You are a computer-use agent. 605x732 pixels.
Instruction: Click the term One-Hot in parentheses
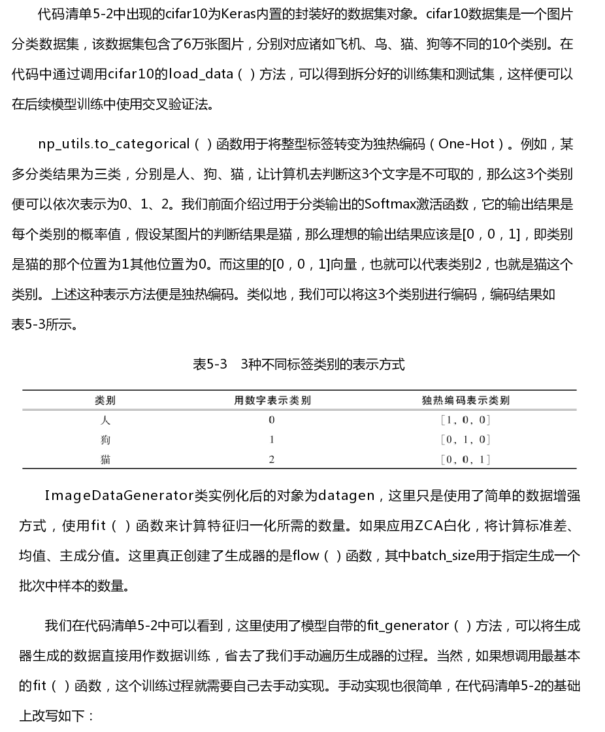[466, 144]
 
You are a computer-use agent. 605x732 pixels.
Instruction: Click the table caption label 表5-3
[210, 364]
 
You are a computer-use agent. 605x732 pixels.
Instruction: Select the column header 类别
[105, 400]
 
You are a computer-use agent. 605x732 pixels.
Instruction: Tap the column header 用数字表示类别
[272, 400]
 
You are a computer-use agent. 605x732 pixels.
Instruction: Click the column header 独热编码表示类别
[465, 400]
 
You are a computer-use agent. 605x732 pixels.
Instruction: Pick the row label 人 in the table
[105, 420]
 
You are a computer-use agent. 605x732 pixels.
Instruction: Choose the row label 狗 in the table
[105, 440]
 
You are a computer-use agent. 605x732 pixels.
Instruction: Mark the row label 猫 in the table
[105, 459]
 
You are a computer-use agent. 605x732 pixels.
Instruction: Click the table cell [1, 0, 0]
[465, 420]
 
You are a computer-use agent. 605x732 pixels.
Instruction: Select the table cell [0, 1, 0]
[465, 440]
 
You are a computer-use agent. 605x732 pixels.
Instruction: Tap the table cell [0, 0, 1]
[465, 459]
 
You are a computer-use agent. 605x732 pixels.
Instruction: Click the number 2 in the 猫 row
[272, 459]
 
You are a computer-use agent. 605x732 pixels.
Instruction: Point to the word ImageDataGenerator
[119, 496]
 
